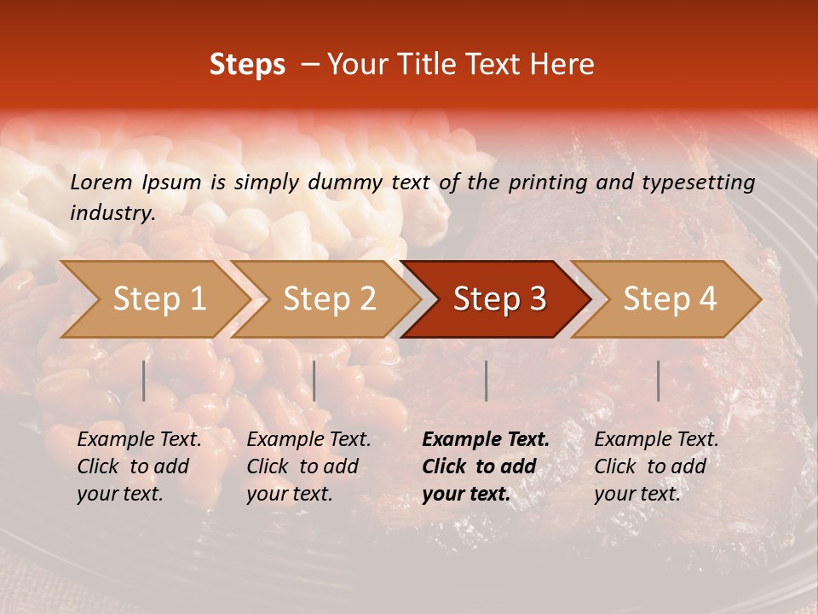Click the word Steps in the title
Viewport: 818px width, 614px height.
pos(247,65)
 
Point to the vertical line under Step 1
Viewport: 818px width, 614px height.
pos(144,380)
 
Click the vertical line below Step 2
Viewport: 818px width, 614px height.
pos(314,380)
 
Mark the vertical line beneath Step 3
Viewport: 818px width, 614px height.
pos(486,380)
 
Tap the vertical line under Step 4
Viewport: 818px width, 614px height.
pos(659,380)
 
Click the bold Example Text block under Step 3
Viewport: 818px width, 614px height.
pos(485,466)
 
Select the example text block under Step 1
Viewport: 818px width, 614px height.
pos(139,466)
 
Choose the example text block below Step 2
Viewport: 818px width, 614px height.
pos(308,466)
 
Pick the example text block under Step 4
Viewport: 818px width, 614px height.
pos(656,466)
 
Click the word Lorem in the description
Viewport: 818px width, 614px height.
pos(101,182)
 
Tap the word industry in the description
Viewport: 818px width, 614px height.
pos(112,213)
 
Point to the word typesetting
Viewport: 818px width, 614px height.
pos(699,182)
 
